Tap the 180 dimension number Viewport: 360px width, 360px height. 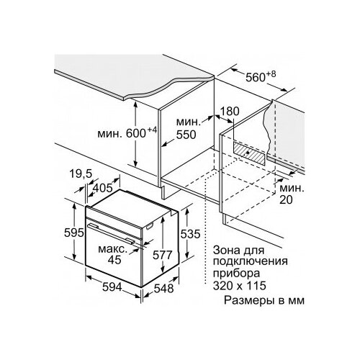pos(230,112)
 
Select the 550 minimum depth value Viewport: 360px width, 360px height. pos(186,135)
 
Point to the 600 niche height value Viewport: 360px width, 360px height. pos(136,133)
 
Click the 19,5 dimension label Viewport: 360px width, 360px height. pos(81,174)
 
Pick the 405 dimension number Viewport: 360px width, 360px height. pos(103,188)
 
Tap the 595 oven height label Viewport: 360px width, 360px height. pos(74,233)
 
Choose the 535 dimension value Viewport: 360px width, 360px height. pos(190,234)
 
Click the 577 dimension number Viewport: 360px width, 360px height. pos(163,255)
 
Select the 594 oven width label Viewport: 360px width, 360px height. pos(112,287)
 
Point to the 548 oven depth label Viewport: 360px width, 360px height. pos(163,289)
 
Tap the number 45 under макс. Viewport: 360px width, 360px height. pos(114,260)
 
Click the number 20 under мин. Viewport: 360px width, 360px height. pos(286,199)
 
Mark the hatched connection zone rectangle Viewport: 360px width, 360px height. pos(250,153)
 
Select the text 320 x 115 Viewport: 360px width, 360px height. pos(240,286)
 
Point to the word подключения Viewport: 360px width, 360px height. pos(251,262)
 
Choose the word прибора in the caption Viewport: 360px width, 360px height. pos(236,274)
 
